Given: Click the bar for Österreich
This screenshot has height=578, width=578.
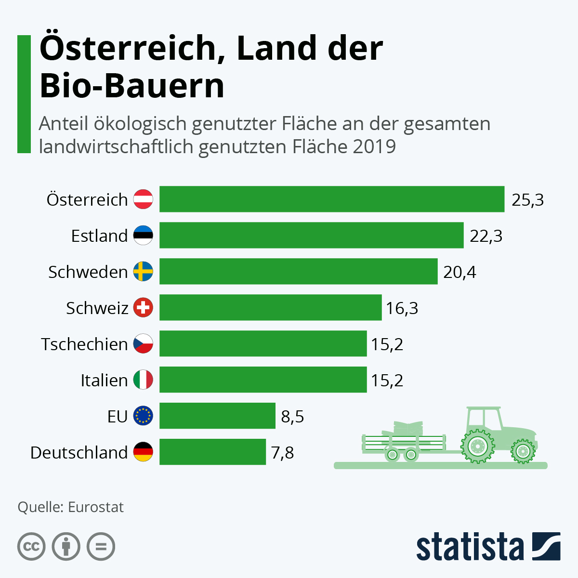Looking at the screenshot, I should pos(332,199).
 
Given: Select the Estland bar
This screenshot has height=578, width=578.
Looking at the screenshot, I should pos(311,235).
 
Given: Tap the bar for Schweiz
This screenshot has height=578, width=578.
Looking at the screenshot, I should pos(270,307).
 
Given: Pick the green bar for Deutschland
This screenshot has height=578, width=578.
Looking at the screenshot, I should pos(212,452).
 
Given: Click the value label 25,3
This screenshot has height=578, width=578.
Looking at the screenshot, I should pos(527,199).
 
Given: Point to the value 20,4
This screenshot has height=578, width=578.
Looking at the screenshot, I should pos(460,272).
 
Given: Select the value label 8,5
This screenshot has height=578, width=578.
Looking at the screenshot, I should pos(292,417).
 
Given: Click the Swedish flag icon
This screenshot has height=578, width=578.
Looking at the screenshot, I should pos(143,272).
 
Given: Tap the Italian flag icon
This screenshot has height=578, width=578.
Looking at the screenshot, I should pos(143,380).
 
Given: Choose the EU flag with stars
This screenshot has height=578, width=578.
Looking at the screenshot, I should pos(143,416).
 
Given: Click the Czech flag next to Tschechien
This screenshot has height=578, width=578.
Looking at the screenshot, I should pos(143,344).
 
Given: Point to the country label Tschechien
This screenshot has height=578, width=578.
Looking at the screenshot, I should pos(84,344).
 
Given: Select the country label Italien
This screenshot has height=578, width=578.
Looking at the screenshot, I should pos(104,381).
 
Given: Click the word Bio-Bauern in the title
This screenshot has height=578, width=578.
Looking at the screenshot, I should pos(132,86).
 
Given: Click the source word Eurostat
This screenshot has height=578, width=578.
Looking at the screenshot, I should pos(96,507).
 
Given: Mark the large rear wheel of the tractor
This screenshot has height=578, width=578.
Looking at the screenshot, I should pos(477,447).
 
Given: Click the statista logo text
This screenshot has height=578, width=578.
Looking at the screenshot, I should pos(470,547).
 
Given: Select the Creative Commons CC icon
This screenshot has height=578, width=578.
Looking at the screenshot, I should pos(31,547).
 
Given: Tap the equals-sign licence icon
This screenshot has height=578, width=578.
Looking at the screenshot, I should pos(101,547).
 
